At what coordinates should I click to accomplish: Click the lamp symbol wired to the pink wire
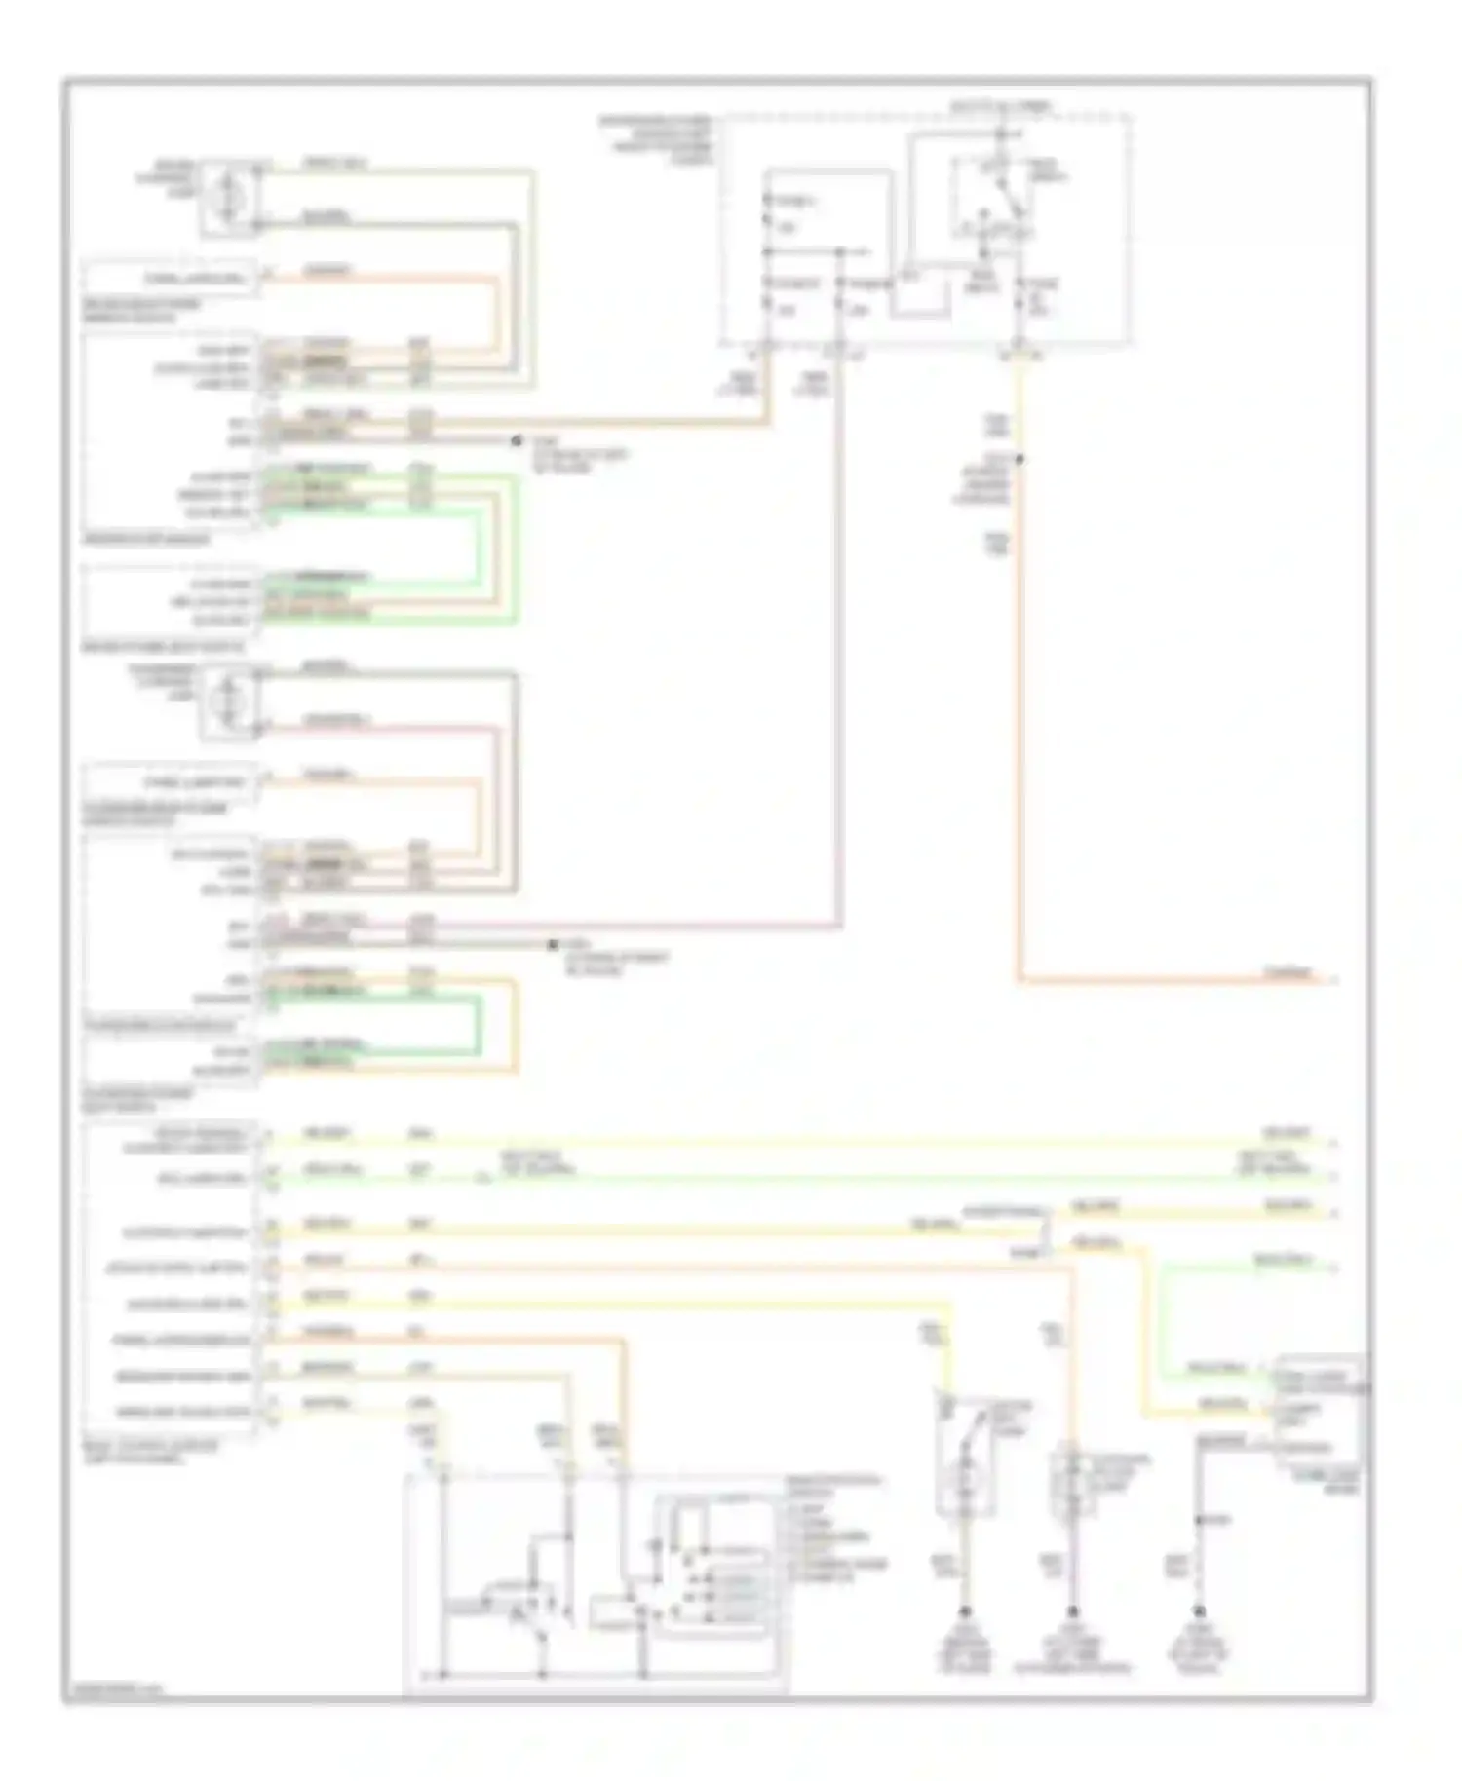click(x=230, y=701)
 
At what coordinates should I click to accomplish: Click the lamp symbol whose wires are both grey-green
click(x=230, y=197)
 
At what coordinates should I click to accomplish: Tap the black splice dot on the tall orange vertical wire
click(x=1020, y=459)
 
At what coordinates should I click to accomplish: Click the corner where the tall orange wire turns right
click(x=1020, y=978)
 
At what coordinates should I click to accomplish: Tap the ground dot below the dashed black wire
click(x=1200, y=1610)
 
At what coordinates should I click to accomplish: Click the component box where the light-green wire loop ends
click(x=1321, y=1410)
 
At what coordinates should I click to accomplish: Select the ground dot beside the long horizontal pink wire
click(x=553, y=944)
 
